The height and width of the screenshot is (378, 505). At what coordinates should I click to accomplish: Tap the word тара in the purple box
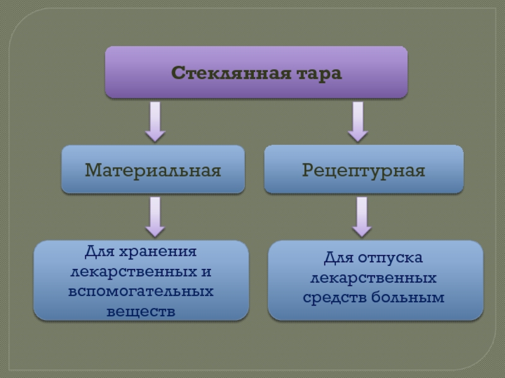319,74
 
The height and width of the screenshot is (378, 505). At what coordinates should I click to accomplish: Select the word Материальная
153,170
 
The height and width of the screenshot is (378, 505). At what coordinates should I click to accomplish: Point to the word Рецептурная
364,170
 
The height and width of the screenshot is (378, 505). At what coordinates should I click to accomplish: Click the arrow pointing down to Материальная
155,122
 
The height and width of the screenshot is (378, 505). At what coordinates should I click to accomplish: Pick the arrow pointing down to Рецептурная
358,122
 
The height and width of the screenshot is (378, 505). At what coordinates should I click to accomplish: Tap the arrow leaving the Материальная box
155,217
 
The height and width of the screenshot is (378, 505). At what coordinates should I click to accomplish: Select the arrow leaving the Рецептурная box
362,217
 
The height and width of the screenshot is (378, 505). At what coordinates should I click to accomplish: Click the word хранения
158,251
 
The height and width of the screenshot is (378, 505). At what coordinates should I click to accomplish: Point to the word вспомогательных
141,291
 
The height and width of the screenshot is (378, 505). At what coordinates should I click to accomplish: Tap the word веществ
141,311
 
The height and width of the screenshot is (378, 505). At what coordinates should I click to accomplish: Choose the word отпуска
390,258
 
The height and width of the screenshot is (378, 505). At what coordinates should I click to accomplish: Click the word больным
408,297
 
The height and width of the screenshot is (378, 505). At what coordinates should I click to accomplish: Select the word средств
335,297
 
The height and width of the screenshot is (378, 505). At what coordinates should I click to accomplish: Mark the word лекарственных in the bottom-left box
134,272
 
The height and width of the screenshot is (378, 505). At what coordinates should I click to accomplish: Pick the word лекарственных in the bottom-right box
373,278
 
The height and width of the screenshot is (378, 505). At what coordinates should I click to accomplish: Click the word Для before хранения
100,251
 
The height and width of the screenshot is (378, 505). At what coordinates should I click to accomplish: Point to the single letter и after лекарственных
206,272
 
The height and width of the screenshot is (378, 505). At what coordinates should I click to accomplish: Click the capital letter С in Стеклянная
178,72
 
